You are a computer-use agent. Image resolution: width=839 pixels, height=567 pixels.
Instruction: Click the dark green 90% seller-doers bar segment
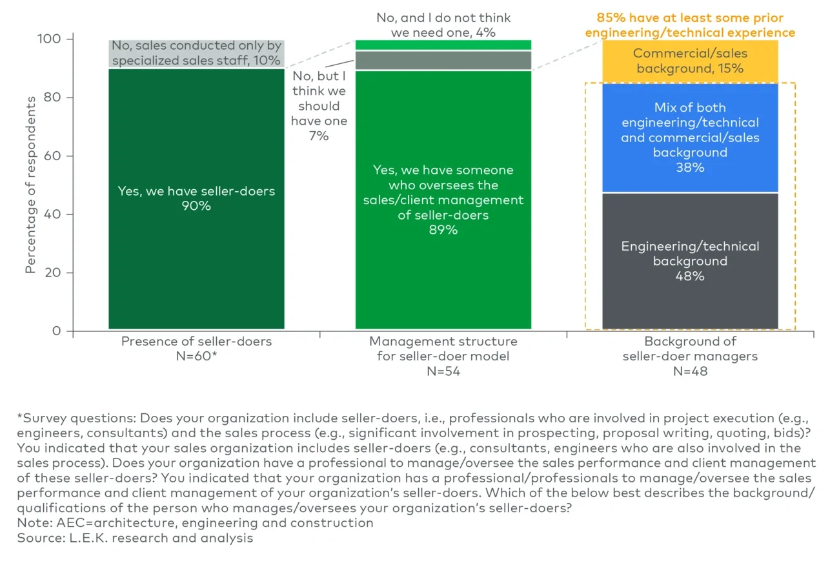[196, 258]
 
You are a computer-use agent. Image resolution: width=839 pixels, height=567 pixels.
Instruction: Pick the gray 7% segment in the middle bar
[443, 60]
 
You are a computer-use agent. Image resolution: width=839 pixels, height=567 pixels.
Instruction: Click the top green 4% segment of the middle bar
[443, 45]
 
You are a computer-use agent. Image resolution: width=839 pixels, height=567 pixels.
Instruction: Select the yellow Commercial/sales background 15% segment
[690, 61]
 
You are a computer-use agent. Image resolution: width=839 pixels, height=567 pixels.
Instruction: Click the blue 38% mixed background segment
[690, 138]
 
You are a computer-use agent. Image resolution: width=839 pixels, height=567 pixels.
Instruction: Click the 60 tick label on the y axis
[52, 156]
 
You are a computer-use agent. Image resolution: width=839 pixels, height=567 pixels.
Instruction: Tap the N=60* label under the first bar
[196, 356]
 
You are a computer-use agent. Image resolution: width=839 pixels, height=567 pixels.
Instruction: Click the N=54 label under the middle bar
[443, 371]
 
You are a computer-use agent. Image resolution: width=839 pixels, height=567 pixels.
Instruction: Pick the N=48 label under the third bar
[690, 371]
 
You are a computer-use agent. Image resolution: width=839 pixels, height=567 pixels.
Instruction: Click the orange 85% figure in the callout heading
[610, 17]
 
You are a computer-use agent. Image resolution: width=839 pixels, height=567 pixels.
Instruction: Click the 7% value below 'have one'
[319, 136]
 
